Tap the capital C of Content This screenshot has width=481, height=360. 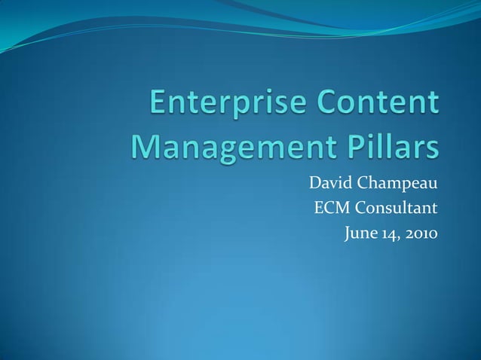335,104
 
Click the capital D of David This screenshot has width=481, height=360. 314,182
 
